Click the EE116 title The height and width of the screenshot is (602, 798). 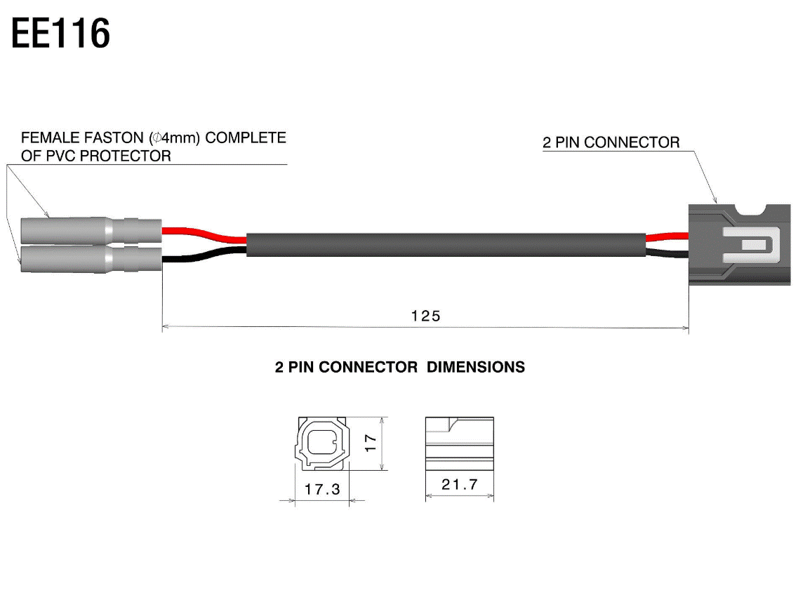point(60,34)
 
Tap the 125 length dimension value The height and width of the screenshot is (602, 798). point(426,316)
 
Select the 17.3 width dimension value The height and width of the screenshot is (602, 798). point(322,489)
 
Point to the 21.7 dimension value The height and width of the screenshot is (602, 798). point(460,484)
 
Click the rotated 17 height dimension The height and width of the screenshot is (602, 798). point(371,443)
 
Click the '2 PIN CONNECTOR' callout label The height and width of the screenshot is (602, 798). point(611,142)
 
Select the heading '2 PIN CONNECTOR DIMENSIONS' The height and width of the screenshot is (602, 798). point(399,367)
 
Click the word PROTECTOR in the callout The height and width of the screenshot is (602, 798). point(125,156)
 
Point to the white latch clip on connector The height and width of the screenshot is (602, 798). point(751,245)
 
